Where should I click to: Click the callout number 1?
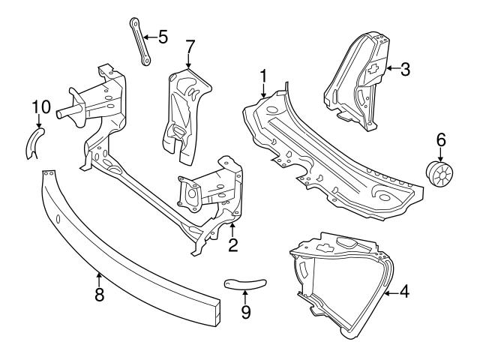(x=263, y=75)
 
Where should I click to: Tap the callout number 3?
(x=405, y=70)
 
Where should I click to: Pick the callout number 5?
(x=163, y=35)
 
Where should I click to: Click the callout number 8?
(x=99, y=294)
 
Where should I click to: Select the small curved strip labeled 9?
(x=245, y=282)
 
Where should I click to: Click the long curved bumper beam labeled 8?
(x=127, y=247)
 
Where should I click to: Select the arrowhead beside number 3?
(x=389, y=70)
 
